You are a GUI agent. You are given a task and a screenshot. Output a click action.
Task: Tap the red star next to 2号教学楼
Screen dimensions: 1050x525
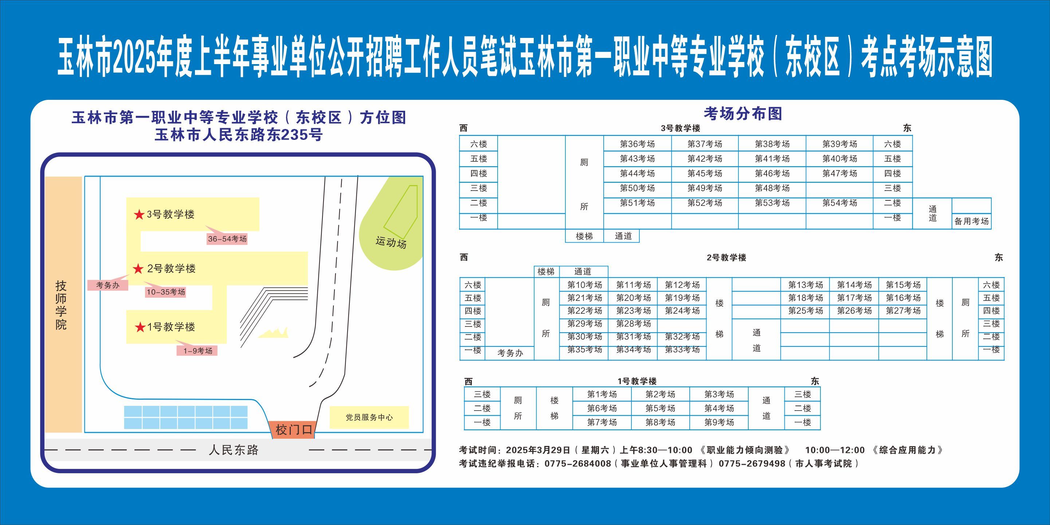pyautogui.click(x=138, y=269)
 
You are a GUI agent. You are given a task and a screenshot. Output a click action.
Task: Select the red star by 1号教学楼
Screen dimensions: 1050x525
pyautogui.click(x=140, y=327)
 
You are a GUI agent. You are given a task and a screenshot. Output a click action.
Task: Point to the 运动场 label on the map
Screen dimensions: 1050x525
pyautogui.click(x=391, y=242)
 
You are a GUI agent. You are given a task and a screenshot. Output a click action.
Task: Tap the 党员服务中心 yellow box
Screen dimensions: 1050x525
pyautogui.click(x=369, y=418)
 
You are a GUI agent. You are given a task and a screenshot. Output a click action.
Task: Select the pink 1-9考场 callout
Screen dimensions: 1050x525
pyautogui.click(x=197, y=350)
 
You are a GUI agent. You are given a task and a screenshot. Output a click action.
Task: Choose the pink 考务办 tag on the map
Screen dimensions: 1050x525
pyautogui.click(x=108, y=285)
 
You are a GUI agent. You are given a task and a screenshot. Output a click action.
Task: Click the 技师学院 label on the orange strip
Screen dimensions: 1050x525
pyautogui.click(x=61, y=305)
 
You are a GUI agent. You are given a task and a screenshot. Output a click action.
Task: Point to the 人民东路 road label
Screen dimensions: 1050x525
pyautogui.click(x=234, y=450)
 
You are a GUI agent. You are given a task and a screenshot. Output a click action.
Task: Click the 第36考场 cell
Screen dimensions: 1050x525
pyautogui.click(x=637, y=144)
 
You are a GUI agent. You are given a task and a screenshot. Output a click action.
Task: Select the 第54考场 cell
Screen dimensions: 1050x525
pyautogui.click(x=840, y=203)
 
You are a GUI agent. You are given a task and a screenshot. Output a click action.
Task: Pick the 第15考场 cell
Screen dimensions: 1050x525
pyautogui.click(x=903, y=285)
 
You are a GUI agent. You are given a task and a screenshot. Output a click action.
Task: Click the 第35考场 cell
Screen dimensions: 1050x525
pyautogui.click(x=584, y=350)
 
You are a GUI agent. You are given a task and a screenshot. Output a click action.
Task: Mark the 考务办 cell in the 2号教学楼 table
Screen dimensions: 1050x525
pyautogui.click(x=510, y=353)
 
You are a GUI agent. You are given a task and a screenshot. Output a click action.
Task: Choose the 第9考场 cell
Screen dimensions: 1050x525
pyautogui.click(x=719, y=422)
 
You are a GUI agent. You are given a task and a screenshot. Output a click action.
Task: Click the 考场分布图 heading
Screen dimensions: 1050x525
pyautogui.click(x=743, y=114)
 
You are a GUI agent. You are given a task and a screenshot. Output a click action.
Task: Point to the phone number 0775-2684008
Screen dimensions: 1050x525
pyautogui.click(x=577, y=463)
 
